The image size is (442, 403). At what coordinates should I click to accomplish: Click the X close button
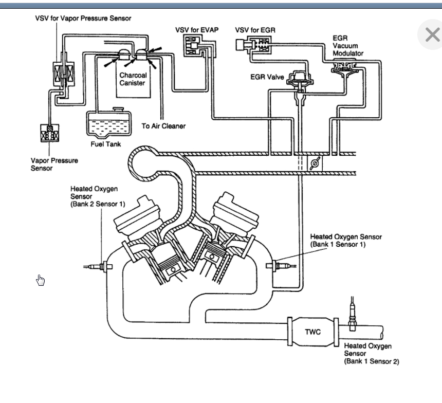click(432, 34)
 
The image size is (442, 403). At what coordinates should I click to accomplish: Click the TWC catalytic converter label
click(312, 332)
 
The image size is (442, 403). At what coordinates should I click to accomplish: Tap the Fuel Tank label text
click(106, 144)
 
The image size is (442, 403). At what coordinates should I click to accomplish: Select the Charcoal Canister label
click(133, 79)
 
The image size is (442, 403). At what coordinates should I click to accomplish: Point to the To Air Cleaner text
click(163, 126)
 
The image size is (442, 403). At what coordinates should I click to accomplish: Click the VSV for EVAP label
click(197, 30)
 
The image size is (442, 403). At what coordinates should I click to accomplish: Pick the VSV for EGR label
click(255, 30)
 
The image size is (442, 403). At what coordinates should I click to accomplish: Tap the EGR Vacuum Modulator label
click(347, 46)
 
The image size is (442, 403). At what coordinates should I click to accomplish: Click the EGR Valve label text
click(267, 77)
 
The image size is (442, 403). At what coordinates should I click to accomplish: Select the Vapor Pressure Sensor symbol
click(50, 133)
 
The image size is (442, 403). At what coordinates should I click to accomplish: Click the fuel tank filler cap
click(118, 109)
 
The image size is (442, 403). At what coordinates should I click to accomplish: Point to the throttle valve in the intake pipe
click(315, 163)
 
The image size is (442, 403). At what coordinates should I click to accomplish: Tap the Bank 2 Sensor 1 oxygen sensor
click(98, 266)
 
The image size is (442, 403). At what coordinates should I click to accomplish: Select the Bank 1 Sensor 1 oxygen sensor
click(281, 266)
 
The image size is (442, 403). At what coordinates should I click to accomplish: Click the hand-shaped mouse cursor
click(40, 280)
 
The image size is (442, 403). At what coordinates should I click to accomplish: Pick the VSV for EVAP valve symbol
click(193, 46)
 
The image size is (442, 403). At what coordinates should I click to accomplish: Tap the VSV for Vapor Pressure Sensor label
click(83, 19)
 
